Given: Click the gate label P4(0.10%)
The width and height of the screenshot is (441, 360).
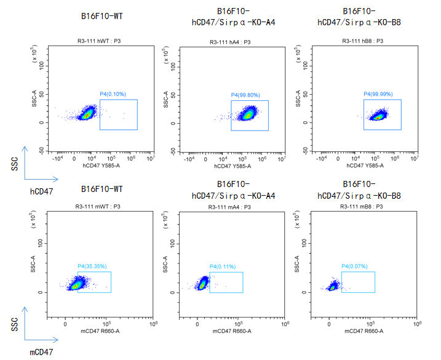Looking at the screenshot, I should point(113,94).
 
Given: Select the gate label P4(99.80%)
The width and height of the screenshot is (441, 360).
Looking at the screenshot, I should point(245,95).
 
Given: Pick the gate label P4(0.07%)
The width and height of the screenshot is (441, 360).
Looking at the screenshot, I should point(355,266).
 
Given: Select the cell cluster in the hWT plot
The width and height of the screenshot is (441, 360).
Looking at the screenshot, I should point(86,113).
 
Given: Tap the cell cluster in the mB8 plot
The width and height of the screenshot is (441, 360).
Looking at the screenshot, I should point(333,286).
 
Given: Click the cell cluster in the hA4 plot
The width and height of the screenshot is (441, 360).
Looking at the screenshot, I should point(248,114).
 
